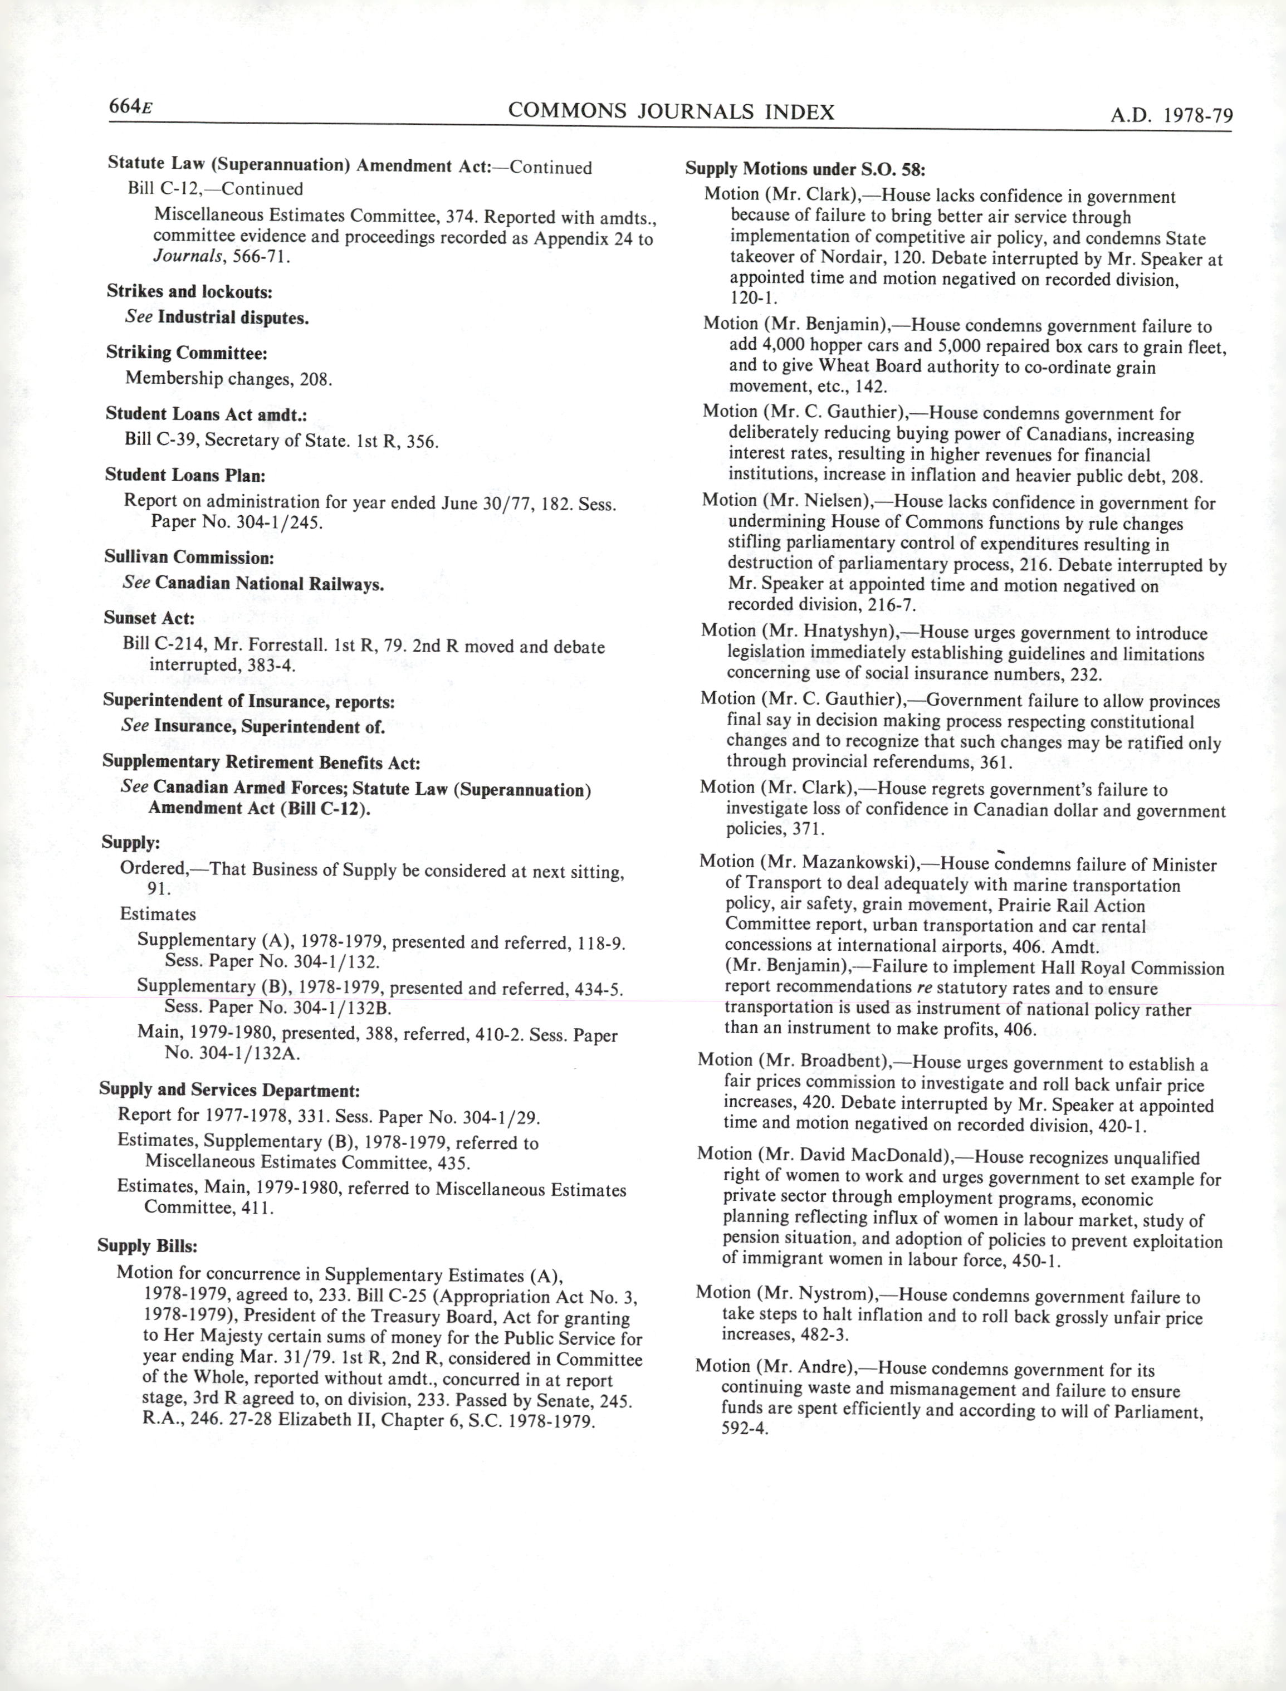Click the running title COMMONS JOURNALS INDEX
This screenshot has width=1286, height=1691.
[x=671, y=112]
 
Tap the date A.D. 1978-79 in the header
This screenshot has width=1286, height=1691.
[x=1171, y=116]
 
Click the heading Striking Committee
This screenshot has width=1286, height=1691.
[x=187, y=353]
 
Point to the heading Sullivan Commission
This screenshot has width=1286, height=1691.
[x=189, y=558]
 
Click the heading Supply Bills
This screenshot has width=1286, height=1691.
[x=147, y=1245]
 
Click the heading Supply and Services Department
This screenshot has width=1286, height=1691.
[x=229, y=1090]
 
